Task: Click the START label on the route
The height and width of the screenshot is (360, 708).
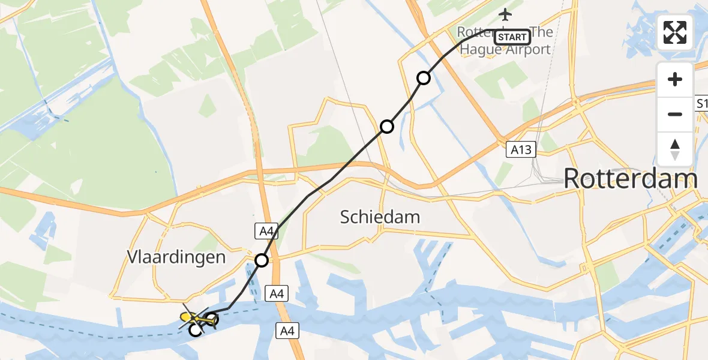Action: tap(512, 37)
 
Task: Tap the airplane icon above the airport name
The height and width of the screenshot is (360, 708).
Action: tap(505, 14)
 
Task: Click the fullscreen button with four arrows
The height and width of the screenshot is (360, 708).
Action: tap(675, 32)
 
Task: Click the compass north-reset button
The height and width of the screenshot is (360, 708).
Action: tap(675, 150)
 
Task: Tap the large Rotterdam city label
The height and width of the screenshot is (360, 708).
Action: tap(631, 179)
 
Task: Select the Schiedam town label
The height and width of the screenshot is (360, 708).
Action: tap(380, 217)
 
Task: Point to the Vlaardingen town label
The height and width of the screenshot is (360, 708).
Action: tap(176, 258)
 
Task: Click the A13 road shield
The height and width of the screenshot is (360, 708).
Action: tap(519, 149)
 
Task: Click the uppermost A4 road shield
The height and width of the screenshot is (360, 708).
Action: tap(265, 230)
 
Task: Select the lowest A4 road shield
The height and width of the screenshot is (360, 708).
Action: tap(287, 329)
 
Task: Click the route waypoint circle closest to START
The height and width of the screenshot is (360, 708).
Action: tap(424, 78)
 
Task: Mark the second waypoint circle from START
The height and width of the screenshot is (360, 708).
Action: tap(387, 127)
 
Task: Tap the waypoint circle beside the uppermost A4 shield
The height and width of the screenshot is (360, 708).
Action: tap(262, 260)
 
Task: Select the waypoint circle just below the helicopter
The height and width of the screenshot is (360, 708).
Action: tap(196, 329)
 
